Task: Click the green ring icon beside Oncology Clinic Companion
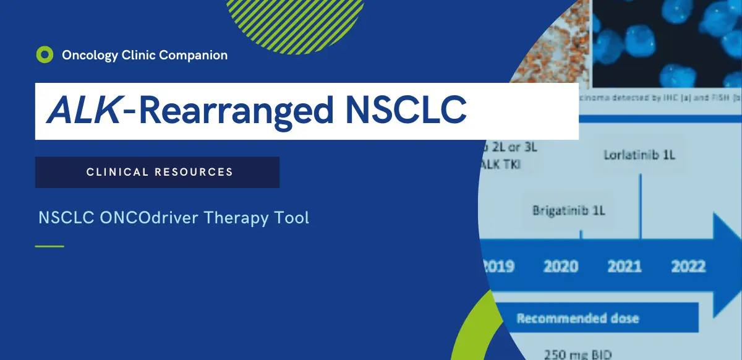coord(45,55)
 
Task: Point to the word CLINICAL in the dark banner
coord(117,172)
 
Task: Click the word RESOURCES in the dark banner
coord(194,172)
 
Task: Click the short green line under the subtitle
coord(49,246)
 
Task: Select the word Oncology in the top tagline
coord(89,55)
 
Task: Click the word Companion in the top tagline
coord(193,55)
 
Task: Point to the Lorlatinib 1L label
coord(639,155)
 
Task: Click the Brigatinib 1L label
coord(568,211)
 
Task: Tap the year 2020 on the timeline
coord(561,267)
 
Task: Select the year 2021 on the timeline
coord(625,267)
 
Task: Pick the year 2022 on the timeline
coord(688,267)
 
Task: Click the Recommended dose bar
coord(578,319)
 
